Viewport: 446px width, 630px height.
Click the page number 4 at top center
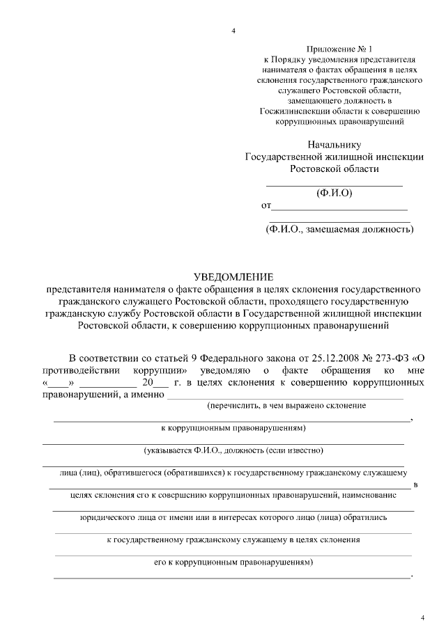[233, 31]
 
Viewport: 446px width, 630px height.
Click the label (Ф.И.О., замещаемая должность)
[339, 229]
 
